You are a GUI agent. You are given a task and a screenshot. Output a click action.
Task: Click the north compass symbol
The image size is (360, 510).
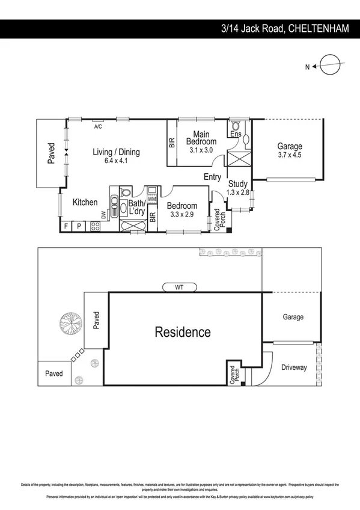pos(330,64)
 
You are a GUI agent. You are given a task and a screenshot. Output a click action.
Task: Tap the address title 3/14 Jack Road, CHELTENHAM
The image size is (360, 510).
pos(285,28)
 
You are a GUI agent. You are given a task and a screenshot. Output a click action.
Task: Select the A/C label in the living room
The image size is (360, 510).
pos(98,126)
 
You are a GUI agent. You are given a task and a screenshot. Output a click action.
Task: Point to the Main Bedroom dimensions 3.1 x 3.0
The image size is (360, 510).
pos(201,150)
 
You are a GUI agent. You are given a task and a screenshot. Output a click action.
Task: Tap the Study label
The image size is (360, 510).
pos(238,184)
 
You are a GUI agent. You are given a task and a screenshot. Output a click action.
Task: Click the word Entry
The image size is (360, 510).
pos(212,177)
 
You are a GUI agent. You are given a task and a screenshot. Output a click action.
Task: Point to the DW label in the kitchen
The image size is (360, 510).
pos(103,214)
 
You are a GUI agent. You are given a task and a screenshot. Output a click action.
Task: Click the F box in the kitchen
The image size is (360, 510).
pos(66,226)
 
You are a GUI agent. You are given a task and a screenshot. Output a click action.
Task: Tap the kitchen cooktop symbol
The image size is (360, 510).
pos(95,227)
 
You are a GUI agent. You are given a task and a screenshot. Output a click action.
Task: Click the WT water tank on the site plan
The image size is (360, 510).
pos(179,287)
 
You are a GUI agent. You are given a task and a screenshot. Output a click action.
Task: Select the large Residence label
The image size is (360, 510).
pos(183,332)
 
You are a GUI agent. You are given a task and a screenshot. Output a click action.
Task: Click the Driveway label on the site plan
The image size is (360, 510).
pos(293,367)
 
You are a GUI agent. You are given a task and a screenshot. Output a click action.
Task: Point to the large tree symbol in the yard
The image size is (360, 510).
pos(70,324)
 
